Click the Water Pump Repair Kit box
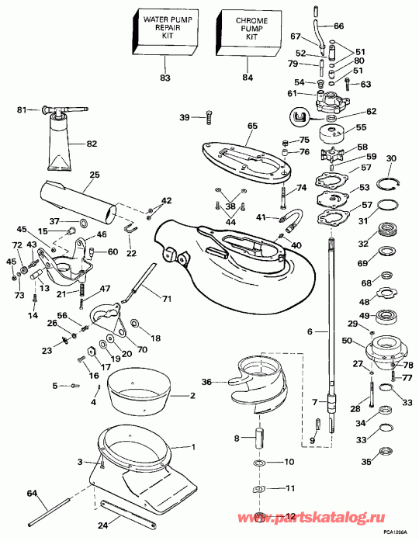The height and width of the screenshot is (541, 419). tap(164, 33)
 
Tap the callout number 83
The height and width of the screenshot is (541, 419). tap(164, 77)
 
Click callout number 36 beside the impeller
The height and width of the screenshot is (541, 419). tap(206, 381)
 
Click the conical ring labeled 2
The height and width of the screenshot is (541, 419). tap(140, 390)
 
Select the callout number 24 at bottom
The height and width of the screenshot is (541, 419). tap(101, 525)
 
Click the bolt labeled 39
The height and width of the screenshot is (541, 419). tap(207, 117)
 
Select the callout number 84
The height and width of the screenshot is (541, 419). tap(247, 77)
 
